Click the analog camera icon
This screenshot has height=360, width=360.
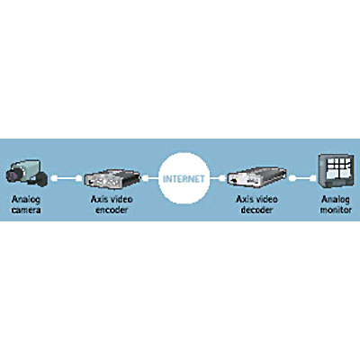26,174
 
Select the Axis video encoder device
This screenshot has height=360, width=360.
112,179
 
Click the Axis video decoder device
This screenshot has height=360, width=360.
256,178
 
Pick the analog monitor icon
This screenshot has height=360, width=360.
337,171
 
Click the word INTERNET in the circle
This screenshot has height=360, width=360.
184,179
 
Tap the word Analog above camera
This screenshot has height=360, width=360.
26,200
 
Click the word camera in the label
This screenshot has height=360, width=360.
26,210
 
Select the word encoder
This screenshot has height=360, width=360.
112,210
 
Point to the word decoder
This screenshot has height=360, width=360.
256,210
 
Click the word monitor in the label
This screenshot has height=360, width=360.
336,210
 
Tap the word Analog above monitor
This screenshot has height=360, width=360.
336,200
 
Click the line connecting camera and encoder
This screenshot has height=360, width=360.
66,178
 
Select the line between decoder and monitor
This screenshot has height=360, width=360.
302,178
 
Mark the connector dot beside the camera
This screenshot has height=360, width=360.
54,178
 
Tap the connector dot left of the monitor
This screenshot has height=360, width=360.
312,178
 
